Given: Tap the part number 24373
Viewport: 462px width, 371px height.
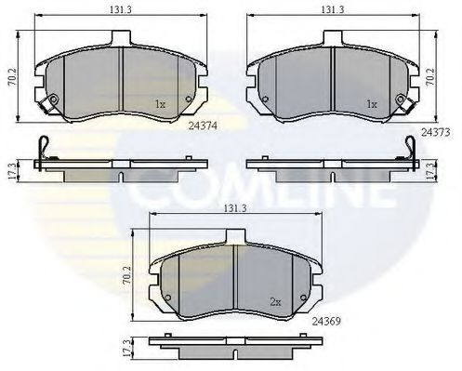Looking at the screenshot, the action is (x=435, y=132).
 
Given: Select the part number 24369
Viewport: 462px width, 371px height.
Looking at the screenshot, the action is (x=326, y=322).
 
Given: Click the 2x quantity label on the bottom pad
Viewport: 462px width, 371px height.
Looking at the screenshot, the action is (x=275, y=302).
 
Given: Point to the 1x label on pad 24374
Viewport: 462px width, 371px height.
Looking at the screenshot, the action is (x=160, y=104).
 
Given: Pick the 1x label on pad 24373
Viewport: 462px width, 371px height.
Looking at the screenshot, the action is (x=372, y=104).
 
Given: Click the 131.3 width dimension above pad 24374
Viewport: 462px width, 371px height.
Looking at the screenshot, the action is (x=121, y=9).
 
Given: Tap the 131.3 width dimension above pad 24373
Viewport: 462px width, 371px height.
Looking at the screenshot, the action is (x=332, y=9).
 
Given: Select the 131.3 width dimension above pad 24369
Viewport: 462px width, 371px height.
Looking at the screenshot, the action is (x=235, y=208).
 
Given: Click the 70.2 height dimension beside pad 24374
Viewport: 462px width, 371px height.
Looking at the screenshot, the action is (x=12, y=77).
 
